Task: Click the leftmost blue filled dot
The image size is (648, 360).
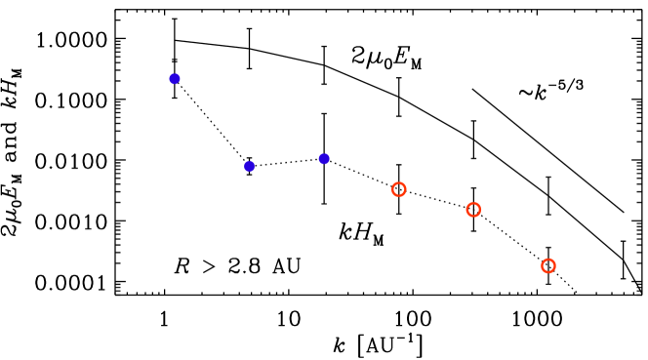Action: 175,79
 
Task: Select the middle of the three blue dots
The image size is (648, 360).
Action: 250,167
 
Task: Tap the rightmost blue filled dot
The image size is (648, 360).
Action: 324,159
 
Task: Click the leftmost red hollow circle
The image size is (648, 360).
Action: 399,189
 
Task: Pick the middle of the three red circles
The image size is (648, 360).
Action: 473,210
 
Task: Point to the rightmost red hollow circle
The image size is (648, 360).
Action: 548,265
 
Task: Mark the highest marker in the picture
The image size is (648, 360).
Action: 175,79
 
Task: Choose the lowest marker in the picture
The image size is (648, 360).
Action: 548,265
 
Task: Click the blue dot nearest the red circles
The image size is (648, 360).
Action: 324,159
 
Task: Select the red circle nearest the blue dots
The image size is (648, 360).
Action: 399,189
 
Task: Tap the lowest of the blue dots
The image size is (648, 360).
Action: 250,167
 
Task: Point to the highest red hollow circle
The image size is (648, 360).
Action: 399,189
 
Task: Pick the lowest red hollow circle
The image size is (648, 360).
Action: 548,265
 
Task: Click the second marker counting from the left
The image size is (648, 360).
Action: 250,167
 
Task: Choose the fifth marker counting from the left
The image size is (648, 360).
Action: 473,210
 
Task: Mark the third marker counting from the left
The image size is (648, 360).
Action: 324,159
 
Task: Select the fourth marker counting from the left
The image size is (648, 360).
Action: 399,189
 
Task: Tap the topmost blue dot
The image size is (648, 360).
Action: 175,79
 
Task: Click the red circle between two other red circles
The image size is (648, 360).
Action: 473,210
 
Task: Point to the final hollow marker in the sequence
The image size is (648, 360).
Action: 548,265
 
